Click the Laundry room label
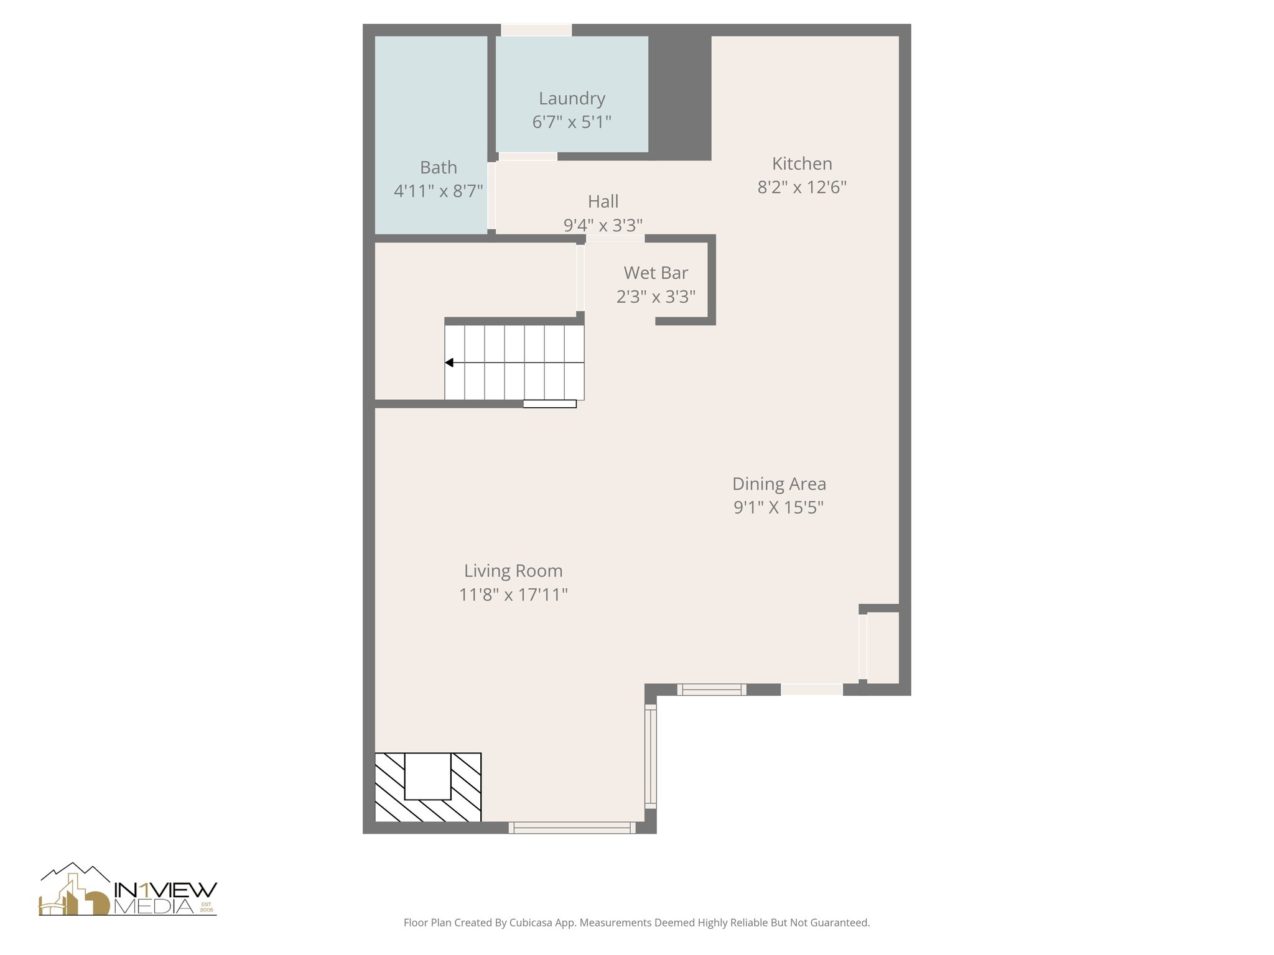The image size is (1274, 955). tap(572, 98)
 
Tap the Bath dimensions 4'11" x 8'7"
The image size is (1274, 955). tap(438, 191)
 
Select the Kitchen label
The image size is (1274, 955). tap(802, 164)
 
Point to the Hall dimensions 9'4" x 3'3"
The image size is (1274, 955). tap(603, 224)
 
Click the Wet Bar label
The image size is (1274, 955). tap(656, 273)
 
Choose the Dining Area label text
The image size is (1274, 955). tap(779, 484)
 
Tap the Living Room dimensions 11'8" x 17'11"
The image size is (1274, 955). tap(513, 595)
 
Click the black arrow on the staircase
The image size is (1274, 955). tap(449, 362)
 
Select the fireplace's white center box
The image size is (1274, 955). tap(427, 776)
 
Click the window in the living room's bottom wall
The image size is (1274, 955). tap(572, 828)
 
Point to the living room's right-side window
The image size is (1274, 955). tap(650, 757)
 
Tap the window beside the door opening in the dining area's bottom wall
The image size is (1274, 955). tap(711, 689)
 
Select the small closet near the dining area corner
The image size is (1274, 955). tap(882, 647)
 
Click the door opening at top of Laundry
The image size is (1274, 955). tap(536, 30)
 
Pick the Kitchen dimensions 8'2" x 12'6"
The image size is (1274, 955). tap(802, 187)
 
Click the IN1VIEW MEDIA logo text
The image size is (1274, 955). tap(165, 898)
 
